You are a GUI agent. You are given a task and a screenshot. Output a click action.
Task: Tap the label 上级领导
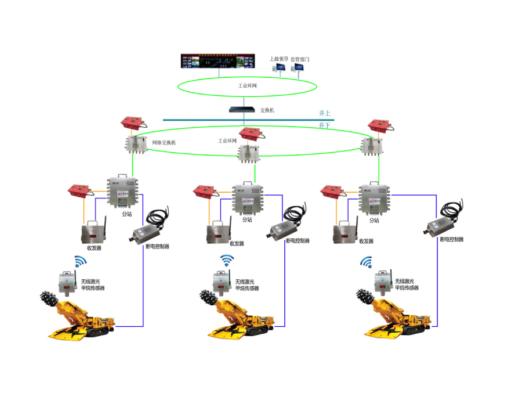point(279,59)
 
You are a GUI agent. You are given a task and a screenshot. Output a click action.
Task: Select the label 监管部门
point(300,59)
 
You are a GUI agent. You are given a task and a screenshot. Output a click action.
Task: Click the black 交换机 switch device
point(242,109)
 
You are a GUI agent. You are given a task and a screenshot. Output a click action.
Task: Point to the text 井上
point(325,113)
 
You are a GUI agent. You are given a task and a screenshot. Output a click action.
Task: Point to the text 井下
point(325,125)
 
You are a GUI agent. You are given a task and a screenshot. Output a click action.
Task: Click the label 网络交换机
point(164,142)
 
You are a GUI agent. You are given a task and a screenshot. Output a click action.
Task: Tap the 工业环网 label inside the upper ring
point(248,85)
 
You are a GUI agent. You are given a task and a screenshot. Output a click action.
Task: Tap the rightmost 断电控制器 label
point(451,239)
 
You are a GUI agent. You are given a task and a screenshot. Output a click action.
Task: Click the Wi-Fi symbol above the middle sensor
point(226,261)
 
